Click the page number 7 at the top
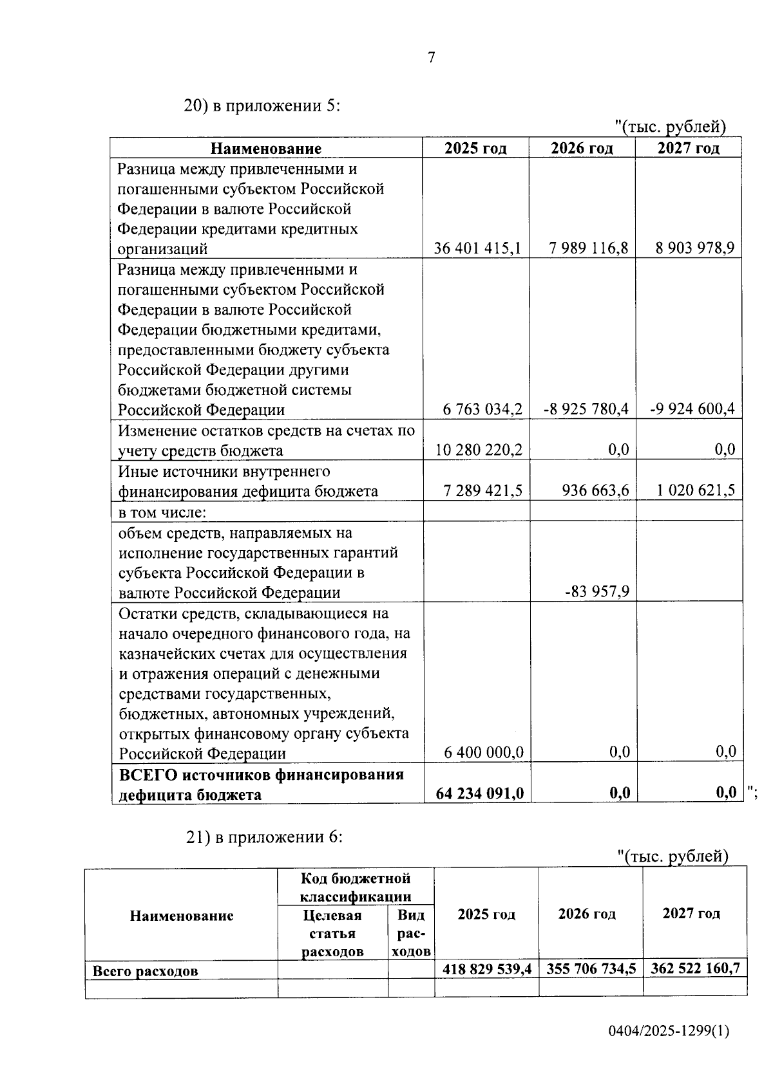tap(431, 58)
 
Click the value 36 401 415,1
tap(477, 248)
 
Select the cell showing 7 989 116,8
tap(589, 248)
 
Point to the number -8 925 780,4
tap(586, 409)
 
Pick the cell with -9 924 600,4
tap(692, 409)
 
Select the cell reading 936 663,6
tap(595, 490)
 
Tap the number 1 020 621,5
tap(696, 490)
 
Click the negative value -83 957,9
tap(597, 591)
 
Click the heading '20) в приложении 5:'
tap(262, 106)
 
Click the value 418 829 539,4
tap(486, 969)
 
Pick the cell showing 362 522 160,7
tap(695, 968)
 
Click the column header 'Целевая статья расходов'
tap(332, 933)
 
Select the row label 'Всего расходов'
tap(146, 971)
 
